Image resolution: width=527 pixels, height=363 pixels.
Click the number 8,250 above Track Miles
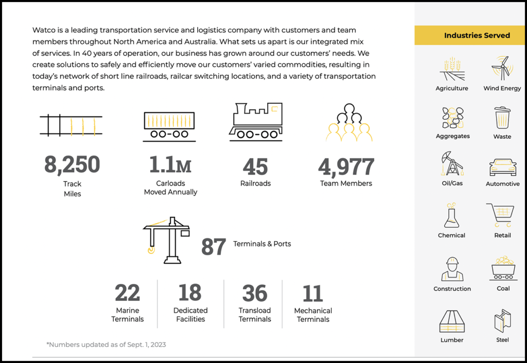coord(72,165)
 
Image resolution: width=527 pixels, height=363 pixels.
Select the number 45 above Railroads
coord(255,167)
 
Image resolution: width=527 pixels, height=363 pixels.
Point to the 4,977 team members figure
coord(346,167)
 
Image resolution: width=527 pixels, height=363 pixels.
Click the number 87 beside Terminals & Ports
coord(214,247)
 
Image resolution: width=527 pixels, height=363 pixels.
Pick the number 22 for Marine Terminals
coord(127,293)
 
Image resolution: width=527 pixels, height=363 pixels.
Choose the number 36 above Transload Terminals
coord(255,293)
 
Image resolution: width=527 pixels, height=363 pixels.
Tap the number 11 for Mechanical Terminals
coord(313,293)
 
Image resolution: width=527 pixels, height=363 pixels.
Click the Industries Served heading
coord(477,35)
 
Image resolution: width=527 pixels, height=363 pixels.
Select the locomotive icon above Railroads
coord(256,121)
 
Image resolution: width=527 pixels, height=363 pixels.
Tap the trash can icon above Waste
coord(502,118)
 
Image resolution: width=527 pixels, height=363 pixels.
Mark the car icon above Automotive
coord(502,167)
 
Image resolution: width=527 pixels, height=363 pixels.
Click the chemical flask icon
coord(451,216)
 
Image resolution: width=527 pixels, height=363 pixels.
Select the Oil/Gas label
coord(452,183)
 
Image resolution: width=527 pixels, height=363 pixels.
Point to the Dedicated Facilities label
coord(190,315)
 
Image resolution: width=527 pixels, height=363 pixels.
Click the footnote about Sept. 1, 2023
coord(106,344)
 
